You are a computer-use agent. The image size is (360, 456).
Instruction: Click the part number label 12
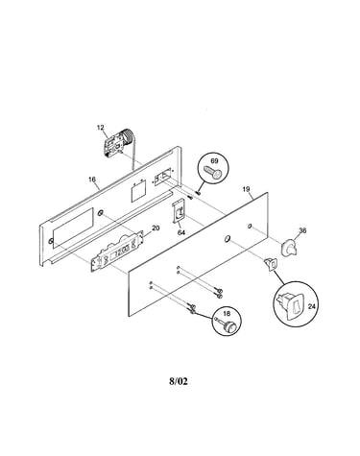[101, 128]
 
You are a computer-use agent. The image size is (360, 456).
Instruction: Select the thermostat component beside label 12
[118, 142]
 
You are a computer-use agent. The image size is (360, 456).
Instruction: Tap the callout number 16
[92, 180]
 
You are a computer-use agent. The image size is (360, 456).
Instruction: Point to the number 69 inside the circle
[214, 160]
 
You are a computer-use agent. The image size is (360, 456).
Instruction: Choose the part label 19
[246, 189]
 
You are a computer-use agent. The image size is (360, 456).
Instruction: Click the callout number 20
[156, 228]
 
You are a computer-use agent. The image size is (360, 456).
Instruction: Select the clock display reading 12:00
[121, 252]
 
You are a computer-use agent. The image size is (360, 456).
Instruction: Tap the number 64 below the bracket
[181, 232]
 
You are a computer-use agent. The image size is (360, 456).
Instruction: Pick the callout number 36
[302, 230]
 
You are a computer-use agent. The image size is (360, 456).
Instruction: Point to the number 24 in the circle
[311, 306]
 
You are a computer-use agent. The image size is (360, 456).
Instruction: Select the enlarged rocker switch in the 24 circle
[290, 305]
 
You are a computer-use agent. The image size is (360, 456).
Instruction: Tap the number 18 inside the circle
[227, 314]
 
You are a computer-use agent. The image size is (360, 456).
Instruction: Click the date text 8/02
[179, 381]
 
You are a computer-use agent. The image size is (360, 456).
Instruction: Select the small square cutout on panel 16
[138, 191]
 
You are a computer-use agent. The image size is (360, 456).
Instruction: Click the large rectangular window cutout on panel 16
[73, 228]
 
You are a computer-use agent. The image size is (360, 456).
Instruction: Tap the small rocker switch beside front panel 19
[271, 264]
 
